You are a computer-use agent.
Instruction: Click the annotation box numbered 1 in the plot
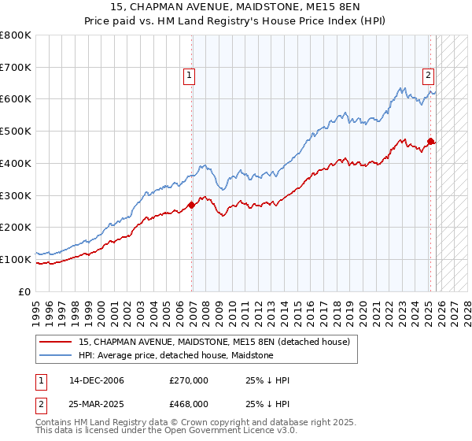190,76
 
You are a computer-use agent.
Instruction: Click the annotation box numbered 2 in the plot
428,76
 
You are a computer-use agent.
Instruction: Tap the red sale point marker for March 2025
430,142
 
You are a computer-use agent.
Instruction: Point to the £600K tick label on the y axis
16,99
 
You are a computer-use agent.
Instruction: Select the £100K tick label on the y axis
16,259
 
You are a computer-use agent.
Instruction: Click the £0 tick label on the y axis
25,291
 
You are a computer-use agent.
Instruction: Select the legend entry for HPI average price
175,355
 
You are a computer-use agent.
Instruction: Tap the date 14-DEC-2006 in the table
97,380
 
